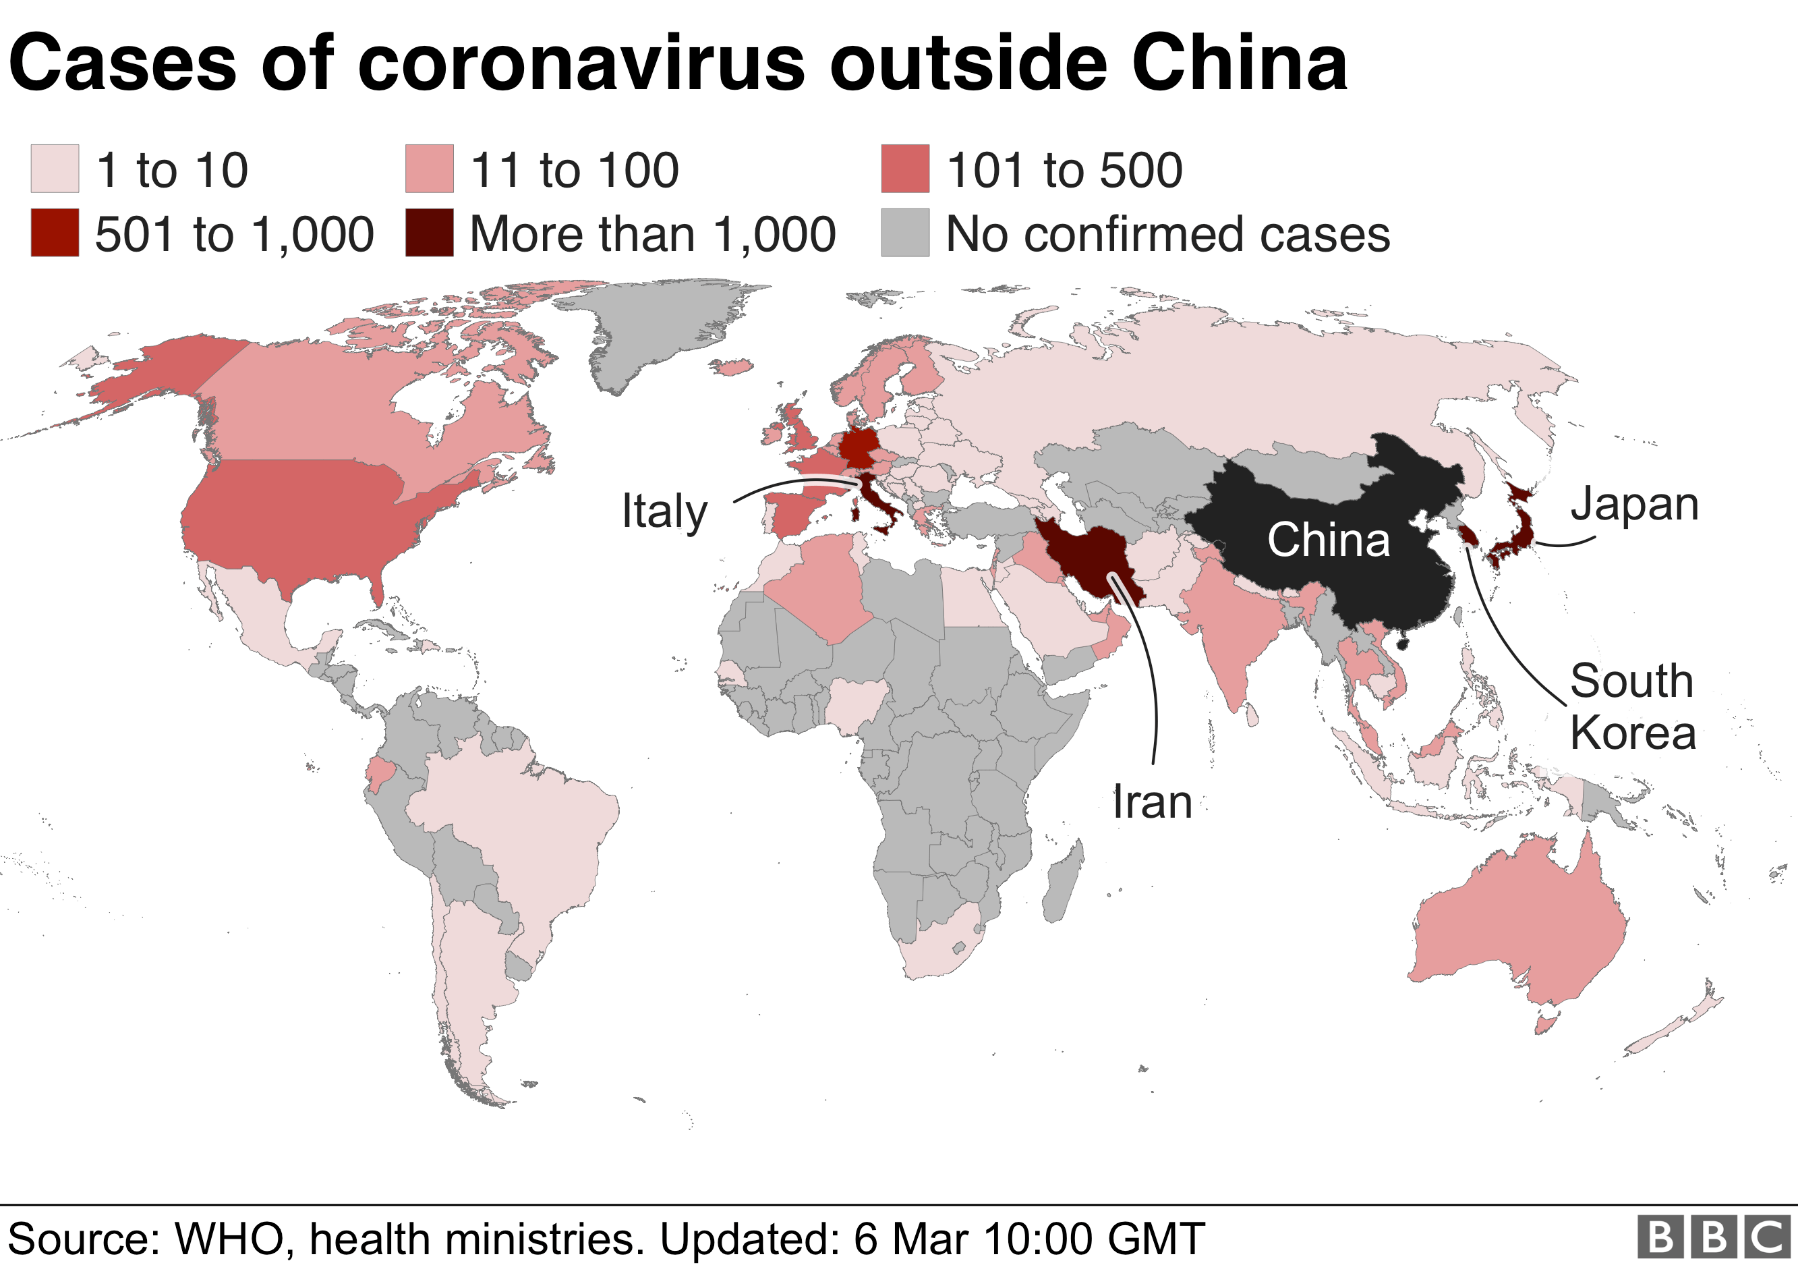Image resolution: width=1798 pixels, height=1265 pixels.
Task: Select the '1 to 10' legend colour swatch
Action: tap(55, 169)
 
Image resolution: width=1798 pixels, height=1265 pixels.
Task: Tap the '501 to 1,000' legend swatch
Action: tap(55, 233)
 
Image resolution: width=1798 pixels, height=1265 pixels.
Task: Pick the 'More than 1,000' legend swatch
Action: tap(429, 233)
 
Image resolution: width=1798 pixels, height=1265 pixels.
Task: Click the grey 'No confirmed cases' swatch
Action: tap(904, 233)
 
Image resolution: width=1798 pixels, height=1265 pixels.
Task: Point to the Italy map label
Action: tap(664, 511)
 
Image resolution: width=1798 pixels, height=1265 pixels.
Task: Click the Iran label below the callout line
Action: tap(1152, 802)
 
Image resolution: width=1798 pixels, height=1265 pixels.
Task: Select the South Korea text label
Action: tap(1633, 706)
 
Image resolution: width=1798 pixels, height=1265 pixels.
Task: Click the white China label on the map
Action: tap(1328, 540)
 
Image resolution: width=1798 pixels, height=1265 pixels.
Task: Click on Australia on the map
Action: tap(1519, 924)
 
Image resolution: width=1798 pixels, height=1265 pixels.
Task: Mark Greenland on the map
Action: tap(658, 329)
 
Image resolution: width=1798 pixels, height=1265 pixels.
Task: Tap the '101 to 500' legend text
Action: tap(1064, 170)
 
